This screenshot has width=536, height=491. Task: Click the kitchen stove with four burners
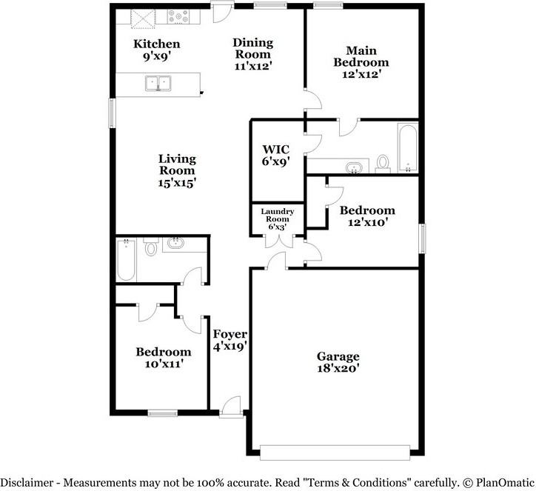[x=178, y=16]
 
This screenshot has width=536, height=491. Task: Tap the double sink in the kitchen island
[x=158, y=84]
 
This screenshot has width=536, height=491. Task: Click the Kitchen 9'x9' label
[x=156, y=50]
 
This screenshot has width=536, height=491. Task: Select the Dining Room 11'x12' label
[x=253, y=54]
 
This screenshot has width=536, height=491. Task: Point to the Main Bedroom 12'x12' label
[x=361, y=62]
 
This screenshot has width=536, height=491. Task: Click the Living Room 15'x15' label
[x=177, y=170]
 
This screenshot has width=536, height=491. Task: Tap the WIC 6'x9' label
[x=276, y=156]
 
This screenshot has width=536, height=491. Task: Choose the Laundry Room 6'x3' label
[x=277, y=218]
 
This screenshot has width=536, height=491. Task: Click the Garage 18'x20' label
[x=338, y=362]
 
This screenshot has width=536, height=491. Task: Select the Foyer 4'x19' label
[x=230, y=340]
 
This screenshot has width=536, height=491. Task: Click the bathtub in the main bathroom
[x=407, y=147]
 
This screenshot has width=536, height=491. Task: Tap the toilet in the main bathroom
[x=383, y=163]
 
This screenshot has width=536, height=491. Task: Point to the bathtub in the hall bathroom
[x=126, y=260]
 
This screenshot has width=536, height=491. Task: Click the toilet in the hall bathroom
[x=150, y=247]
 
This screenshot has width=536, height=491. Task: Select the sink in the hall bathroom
[x=176, y=243]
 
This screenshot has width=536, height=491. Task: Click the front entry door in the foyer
[x=231, y=407]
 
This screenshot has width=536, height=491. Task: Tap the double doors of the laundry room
[x=279, y=241]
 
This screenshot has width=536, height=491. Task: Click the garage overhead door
[x=335, y=452]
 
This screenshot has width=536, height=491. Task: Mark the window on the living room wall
[x=112, y=113]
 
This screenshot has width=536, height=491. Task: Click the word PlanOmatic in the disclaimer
[x=505, y=483]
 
